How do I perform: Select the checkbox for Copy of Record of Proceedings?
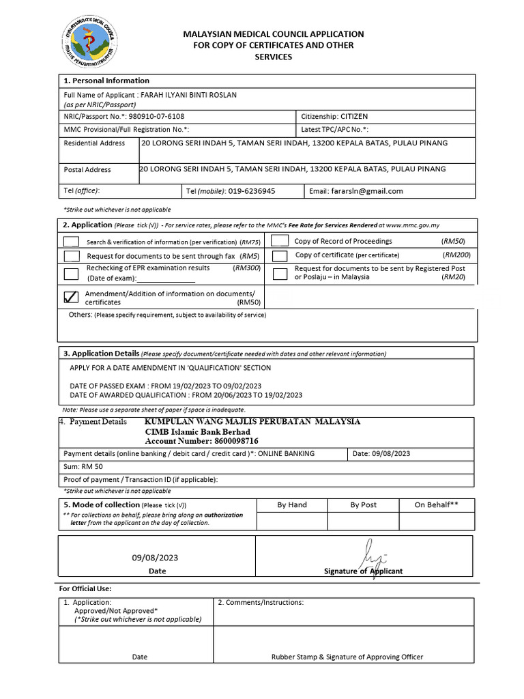[x=279, y=240]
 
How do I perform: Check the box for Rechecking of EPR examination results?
[x=71, y=274]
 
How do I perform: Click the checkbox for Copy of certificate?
[x=279, y=255]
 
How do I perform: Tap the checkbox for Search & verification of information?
[x=71, y=242]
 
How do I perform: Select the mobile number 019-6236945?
[x=252, y=191]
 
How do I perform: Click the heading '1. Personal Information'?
[x=106, y=81]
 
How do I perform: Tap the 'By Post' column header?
[x=363, y=505]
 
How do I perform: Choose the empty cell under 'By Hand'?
[x=291, y=522]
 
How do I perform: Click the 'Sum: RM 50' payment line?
[x=83, y=467]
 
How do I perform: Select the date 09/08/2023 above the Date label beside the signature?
[x=156, y=558]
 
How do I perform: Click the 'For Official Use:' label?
[x=85, y=588]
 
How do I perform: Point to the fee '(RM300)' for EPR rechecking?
[x=247, y=268]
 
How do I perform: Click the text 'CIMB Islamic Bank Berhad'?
[x=197, y=431]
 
